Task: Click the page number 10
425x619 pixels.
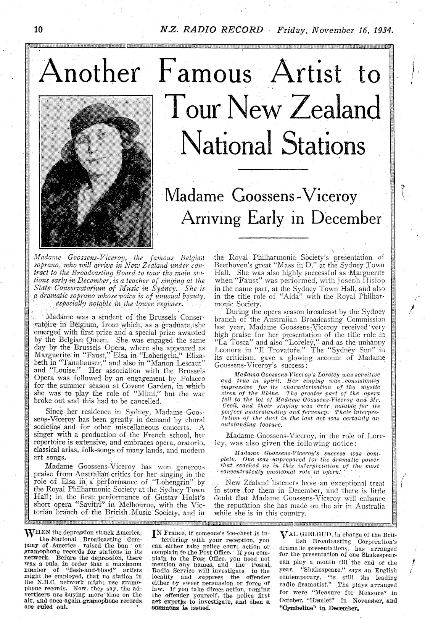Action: [39, 29]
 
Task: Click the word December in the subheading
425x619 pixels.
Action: [346, 218]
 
